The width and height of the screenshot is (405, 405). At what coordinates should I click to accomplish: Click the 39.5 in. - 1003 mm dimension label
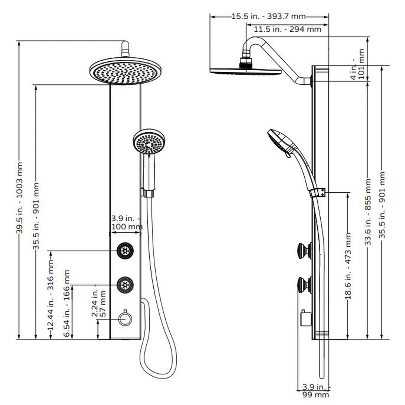[19, 198]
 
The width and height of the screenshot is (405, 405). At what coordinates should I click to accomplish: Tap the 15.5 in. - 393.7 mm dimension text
[268, 16]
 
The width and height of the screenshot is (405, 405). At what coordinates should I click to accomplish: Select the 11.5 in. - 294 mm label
[287, 29]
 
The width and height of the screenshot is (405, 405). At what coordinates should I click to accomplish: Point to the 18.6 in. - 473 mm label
[348, 266]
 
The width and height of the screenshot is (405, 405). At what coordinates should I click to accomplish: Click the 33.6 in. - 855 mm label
[368, 212]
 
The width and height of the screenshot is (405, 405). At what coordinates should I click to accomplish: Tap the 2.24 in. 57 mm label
[99, 304]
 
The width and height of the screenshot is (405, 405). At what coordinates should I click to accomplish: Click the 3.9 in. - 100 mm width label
[126, 223]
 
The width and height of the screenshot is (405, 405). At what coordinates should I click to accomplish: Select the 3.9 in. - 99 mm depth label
[315, 391]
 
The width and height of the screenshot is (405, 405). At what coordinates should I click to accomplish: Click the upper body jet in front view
[125, 251]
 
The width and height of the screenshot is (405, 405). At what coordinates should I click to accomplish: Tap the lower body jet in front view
[125, 285]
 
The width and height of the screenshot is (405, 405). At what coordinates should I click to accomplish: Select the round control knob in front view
[124, 319]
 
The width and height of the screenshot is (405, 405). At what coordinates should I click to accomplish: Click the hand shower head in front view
[149, 142]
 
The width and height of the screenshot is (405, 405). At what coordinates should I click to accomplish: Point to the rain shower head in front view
[125, 71]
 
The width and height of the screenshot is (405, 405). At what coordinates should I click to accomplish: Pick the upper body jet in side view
[305, 251]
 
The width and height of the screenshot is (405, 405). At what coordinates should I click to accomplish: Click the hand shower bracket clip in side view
[318, 193]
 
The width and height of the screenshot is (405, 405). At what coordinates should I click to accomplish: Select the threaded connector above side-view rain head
[246, 63]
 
